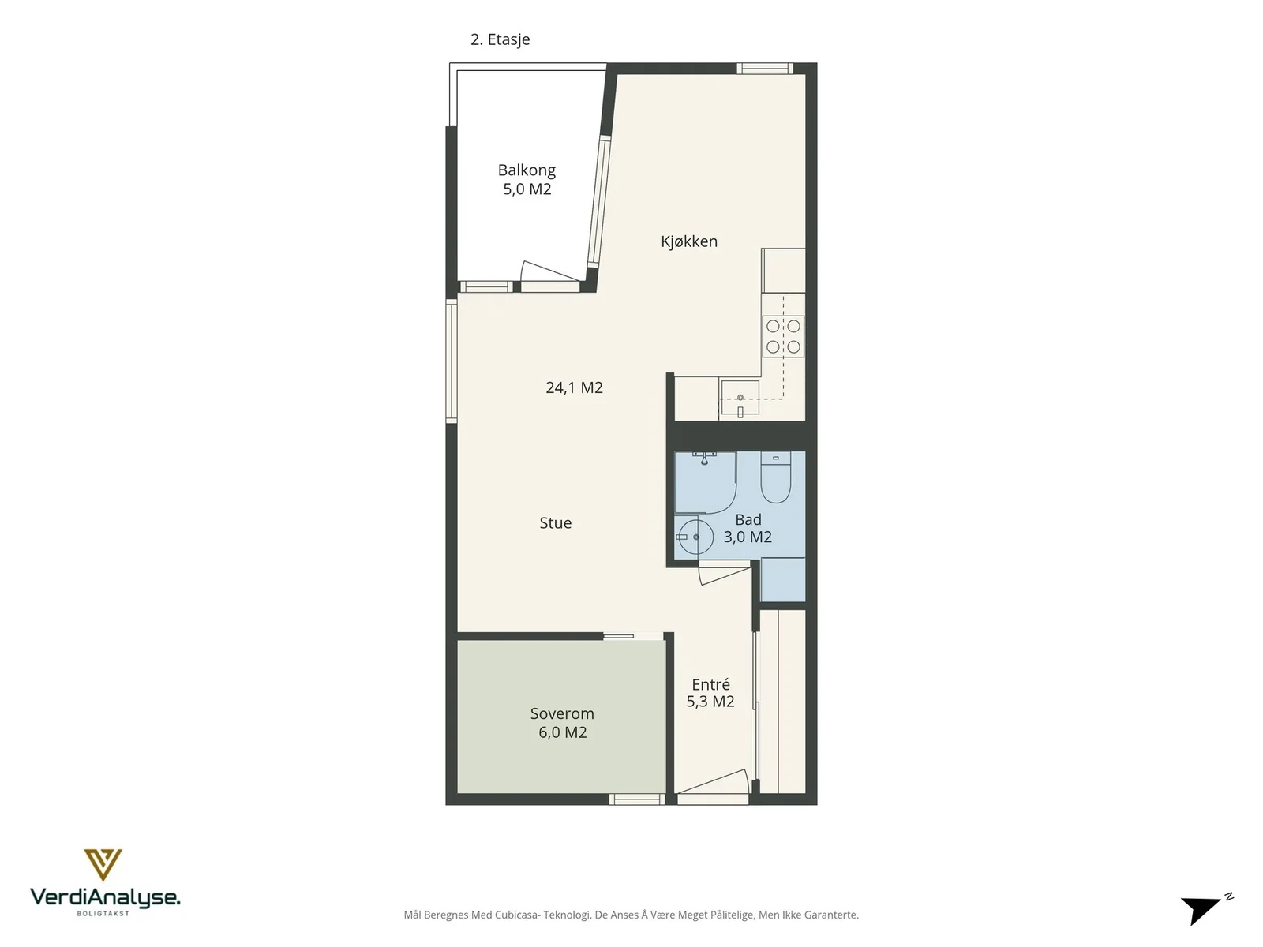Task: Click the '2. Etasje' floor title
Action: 500,39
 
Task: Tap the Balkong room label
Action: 527,170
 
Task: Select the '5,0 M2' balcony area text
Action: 527,189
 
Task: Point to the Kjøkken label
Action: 689,241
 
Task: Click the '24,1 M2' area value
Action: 574,387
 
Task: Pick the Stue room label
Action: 555,522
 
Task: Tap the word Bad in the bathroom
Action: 748,520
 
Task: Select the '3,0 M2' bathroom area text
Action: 748,537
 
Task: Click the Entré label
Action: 710,684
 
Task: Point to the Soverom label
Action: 562,713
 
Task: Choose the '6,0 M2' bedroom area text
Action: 562,732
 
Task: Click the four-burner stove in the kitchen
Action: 783,336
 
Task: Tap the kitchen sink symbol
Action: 740,397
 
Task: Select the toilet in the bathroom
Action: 776,477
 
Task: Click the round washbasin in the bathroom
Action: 695,537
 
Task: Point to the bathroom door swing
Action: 724,575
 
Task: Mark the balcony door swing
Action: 549,272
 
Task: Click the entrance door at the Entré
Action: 713,784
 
